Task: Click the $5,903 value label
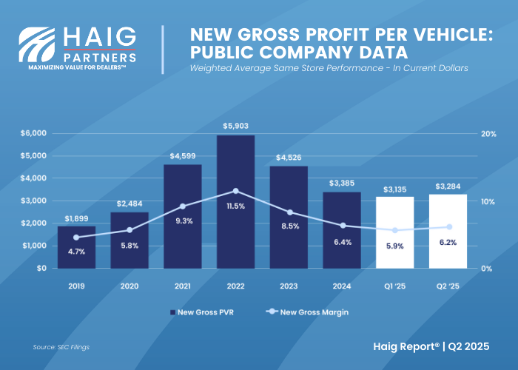click(x=235, y=127)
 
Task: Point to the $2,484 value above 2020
click(x=129, y=203)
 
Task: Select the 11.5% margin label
click(x=235, y=206)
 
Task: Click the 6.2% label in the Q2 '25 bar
click(x=448, y=242)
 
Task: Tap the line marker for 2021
click(x=183, y=206)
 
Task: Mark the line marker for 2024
click(x=342, y=225)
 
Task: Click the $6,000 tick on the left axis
click(x=33, y=133)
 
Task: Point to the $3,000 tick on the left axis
click(x=33, y=201)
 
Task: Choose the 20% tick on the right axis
click(x=488, y=133)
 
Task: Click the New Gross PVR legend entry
click(x=201, y=312)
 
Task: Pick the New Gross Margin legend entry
click(x=309, y=312)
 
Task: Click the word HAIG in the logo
click(x=100, y=38)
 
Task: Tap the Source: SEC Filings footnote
click(x=61, y=346)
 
